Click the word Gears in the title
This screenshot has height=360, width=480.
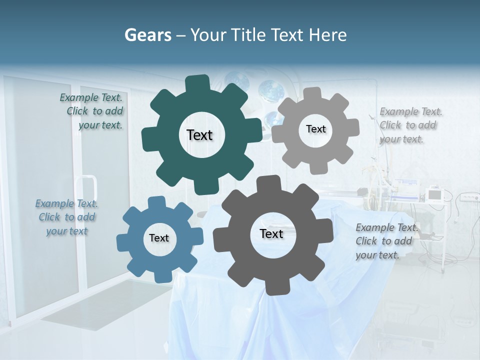[147, 35]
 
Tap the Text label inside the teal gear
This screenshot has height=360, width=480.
[199, 135]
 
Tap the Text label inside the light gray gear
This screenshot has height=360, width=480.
[315, 129]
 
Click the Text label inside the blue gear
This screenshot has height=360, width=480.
[159, 238]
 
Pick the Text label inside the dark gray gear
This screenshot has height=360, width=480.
[271, 233]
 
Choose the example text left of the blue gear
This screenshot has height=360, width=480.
[66, 217]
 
